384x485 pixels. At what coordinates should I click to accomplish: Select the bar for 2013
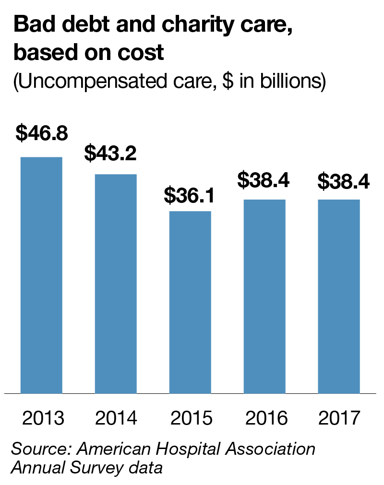pos(41,275)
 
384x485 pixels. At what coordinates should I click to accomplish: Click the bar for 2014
pos(116,284)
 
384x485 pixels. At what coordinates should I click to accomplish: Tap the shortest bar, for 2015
pos(190,302)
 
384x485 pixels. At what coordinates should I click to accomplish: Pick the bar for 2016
pos(264,296)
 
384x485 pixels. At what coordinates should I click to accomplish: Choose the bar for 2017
pos(339,296)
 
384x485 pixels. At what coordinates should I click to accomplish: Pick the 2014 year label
pos(116,418)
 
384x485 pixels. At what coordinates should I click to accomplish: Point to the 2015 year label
pos(191,418)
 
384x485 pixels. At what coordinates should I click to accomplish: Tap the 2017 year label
pos(339,418)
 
